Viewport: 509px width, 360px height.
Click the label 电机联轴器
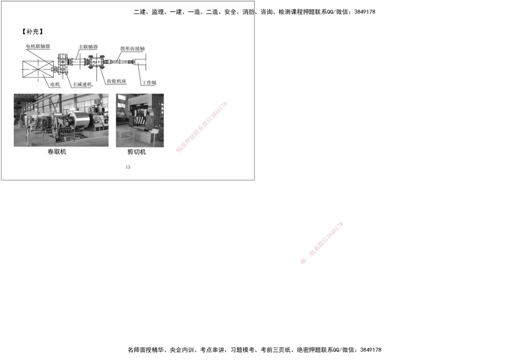point(38,46)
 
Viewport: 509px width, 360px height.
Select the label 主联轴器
point(88,47)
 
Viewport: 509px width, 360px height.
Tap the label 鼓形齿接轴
point(132,49)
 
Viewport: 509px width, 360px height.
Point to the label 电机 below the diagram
point(55,84)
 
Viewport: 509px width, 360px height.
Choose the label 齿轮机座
point(117,81)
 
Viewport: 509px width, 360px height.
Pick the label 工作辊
point(150,82)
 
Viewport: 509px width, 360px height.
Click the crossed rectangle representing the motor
point(38,69)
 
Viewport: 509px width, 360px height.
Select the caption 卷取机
point(56,152)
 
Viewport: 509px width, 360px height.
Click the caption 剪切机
point(137,152)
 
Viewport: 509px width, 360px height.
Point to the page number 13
point(127,167)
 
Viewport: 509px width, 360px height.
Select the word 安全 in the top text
point(231,12)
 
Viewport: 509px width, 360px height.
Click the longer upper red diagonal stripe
point(202,127)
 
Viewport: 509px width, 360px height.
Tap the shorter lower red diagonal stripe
point(322,242)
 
